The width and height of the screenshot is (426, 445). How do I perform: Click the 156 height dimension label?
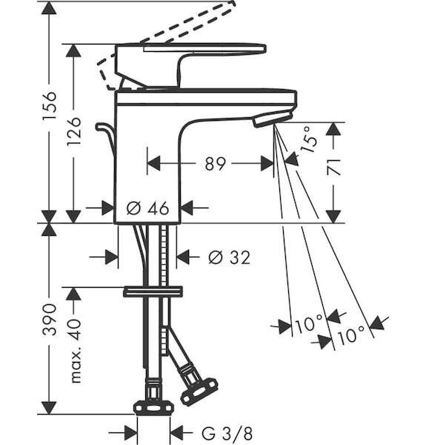point(50,105)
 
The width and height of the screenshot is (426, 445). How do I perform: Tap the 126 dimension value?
point(74,131)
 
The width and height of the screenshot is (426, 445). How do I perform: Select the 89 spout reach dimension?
point(215,163)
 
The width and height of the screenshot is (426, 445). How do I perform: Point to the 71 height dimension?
point(334,167)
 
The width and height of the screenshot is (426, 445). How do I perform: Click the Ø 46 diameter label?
point(147,208)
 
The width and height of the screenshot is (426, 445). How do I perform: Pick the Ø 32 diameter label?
point(230,257)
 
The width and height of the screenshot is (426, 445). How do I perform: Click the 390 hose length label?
point(50,320)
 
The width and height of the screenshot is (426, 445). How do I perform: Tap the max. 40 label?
point(75,351)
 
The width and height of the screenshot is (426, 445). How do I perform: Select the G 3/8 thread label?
point(227,433)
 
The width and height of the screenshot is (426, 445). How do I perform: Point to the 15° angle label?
point(310,139)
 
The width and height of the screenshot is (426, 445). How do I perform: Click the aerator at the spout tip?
point(273,119)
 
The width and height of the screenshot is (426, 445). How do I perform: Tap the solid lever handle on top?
point(190,66)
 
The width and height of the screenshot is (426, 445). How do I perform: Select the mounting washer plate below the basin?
point(153,291)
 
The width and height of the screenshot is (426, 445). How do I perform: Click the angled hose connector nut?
point(199,389)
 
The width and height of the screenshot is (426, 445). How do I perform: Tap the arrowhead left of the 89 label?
point(154,163)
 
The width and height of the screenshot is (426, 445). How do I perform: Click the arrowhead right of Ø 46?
point(187,208)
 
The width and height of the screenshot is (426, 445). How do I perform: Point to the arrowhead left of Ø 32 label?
point(111,257)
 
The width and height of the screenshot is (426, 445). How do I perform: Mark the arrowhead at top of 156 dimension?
point(49,8)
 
